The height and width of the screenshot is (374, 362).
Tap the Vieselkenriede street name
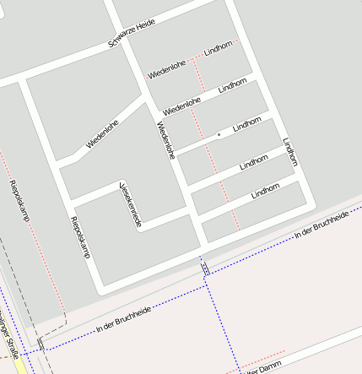[130, 203]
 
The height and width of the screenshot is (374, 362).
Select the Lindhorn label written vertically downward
[290, 152]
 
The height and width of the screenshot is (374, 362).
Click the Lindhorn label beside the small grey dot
[247, 124]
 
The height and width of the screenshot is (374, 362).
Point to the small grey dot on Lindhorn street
[219, 134]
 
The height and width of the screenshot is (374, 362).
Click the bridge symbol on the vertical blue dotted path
[205, 268]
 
